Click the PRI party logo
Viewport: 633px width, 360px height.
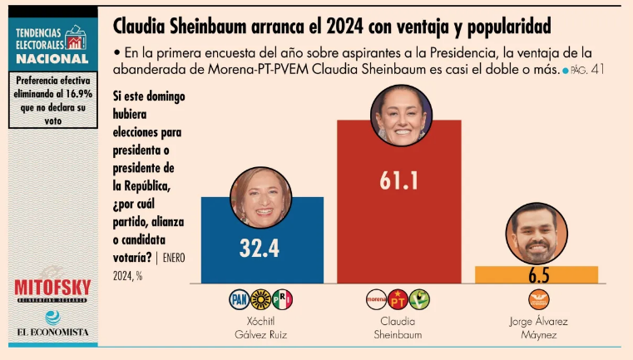coord(283,299)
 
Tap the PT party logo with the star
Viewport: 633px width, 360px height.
coord(398,299)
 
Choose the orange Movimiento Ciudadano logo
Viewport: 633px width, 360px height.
coord(536,299)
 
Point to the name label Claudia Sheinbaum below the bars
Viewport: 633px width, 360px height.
coord(398,328)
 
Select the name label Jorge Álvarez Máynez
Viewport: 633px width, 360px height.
coord(536,328)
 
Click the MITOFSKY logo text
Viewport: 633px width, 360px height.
coord(52,288)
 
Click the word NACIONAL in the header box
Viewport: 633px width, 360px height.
coord(52,59)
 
